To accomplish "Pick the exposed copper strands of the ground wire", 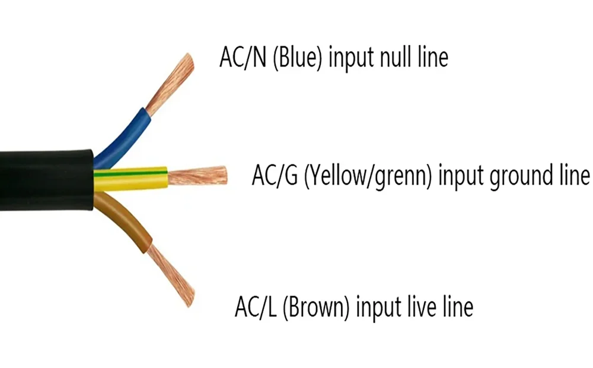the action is tap(199, 176).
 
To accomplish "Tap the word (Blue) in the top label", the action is tap(298, 58).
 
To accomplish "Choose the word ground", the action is tap(519, 177).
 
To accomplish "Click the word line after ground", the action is tap(573, 176).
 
